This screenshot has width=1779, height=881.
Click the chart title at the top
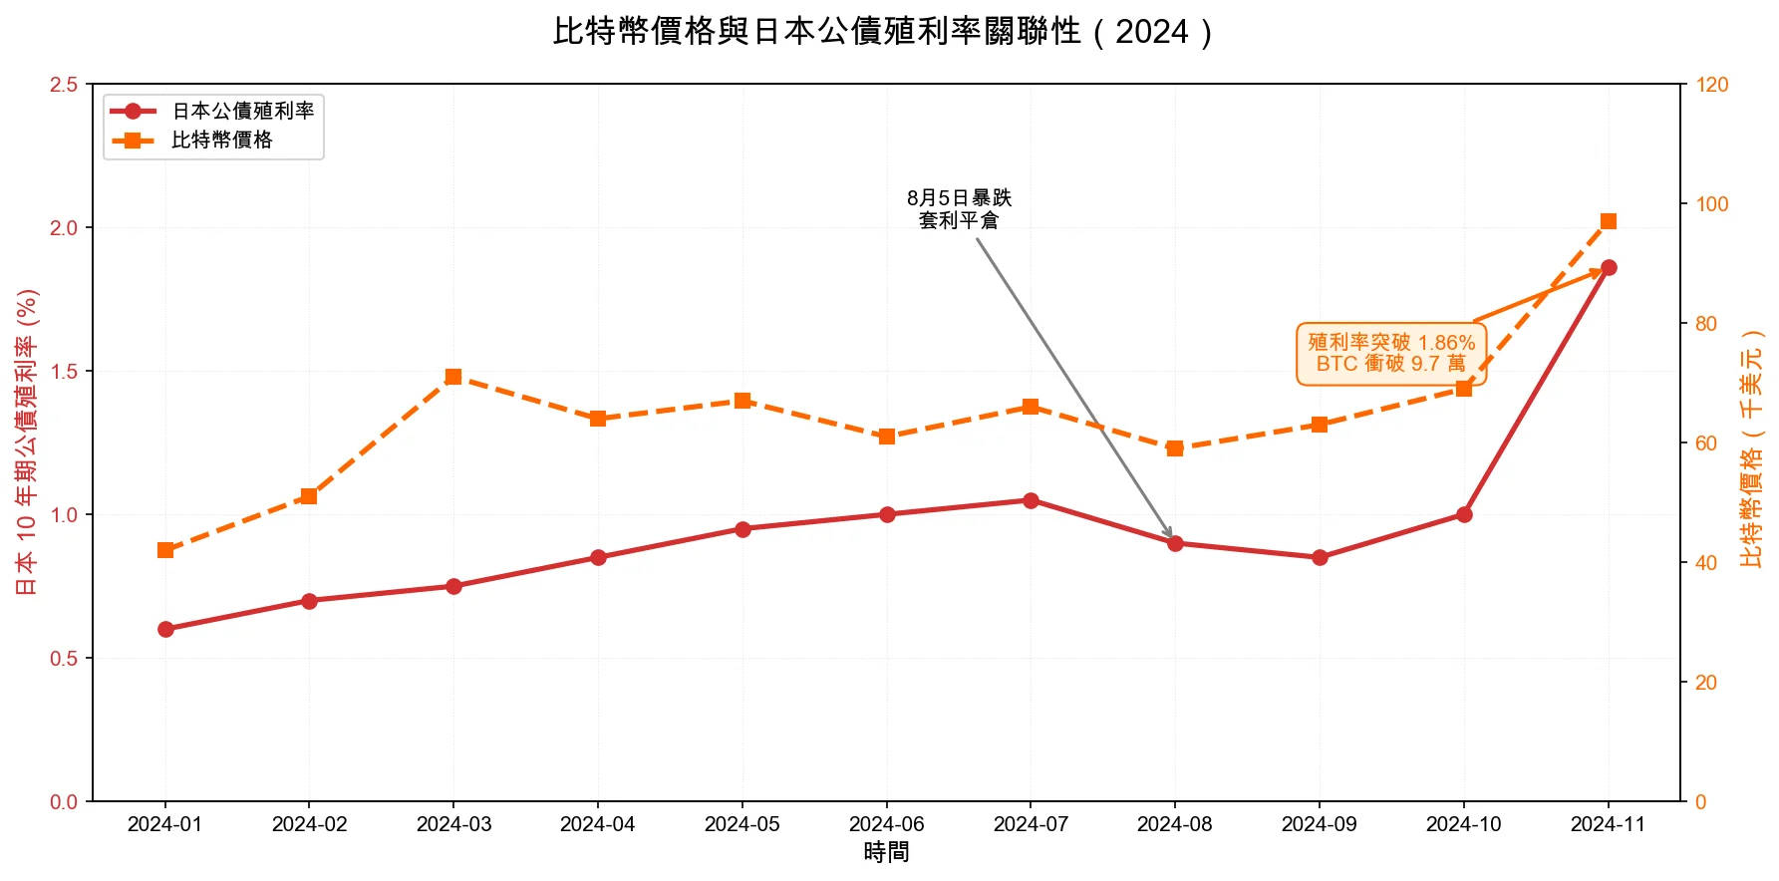coord(883,32)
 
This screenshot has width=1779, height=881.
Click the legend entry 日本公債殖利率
coord(242,112)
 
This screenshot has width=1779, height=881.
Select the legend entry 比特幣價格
coord(221,141)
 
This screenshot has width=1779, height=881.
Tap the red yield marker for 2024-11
coord(1609,268)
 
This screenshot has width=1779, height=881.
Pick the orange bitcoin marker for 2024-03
coord(453,377)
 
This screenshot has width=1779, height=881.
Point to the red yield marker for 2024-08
coord(1175,543)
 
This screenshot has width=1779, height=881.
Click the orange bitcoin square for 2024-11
coord(1609,221)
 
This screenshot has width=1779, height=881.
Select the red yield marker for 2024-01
coord(165,629)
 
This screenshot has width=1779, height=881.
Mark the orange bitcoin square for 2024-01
coord(165,550)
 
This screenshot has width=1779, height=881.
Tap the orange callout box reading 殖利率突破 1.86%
coord(1391,353)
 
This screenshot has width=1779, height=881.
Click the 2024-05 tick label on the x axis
coord(742,824)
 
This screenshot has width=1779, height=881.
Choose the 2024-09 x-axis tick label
coord(1319,824)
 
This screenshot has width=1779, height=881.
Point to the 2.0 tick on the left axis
coord(64,228)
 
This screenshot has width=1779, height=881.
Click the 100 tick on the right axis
coord(1712,204)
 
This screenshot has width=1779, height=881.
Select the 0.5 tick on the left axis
coord(64,659)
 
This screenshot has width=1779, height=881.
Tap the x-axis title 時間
coord(886,853)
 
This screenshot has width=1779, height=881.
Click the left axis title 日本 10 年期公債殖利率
coord(27,441)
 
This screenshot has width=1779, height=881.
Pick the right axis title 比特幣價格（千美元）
coord(1751,448)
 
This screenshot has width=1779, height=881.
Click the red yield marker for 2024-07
coord(1031,500)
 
